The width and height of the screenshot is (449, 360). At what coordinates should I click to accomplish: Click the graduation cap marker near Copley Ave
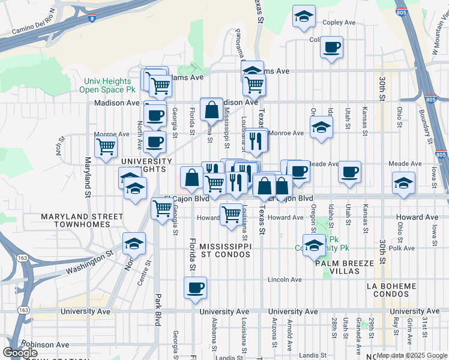[304, 16]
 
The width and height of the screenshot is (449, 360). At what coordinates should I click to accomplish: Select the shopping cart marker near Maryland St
[106, 146]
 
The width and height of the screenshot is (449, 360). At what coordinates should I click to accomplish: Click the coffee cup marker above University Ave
[195, 289]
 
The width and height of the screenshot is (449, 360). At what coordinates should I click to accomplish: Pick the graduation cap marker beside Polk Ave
[313, 245]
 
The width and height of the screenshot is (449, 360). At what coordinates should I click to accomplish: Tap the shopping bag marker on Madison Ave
[212, 109]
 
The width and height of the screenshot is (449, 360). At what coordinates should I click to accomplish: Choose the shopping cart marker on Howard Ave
[231, 214]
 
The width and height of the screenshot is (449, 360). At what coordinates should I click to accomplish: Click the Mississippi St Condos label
[225, 251]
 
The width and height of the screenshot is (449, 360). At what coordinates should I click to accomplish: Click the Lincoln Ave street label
[284, 280]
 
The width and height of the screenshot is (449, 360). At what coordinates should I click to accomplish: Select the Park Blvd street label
[158, 308]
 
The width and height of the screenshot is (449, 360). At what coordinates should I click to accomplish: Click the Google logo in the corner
[20, 353]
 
